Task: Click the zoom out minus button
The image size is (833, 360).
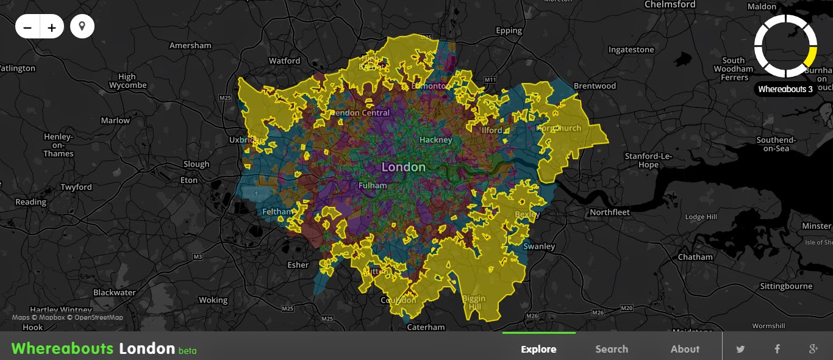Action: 27,27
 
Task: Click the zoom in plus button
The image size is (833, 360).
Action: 52,27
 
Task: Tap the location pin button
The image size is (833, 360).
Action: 82,27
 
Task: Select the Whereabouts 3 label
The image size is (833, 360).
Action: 785,89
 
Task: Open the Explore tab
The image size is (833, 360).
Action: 538,349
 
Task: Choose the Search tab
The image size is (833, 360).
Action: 612,349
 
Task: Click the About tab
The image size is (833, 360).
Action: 685,349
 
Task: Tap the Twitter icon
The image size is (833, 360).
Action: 740,349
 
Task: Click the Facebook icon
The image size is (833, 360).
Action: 778,349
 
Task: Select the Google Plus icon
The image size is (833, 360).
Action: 813,349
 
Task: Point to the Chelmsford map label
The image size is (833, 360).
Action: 670,4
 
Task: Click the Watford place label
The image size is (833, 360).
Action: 284,60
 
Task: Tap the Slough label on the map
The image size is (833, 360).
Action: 196,164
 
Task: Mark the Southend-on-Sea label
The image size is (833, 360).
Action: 776,144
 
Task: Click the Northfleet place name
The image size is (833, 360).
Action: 610,212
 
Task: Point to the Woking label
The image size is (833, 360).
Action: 213,300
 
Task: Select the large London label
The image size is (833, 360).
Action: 403,167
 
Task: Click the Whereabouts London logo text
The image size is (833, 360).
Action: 93,348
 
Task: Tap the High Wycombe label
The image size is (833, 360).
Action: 127,81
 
